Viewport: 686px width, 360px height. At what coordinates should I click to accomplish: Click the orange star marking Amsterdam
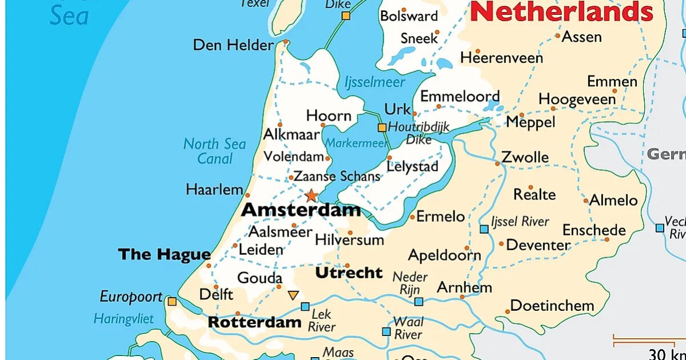tap(311, 196)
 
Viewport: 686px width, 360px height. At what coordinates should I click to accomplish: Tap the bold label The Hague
tap(164, 255)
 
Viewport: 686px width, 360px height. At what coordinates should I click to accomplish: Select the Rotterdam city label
tap(254, 322)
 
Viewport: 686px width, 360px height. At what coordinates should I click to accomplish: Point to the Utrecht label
tap(349, 273)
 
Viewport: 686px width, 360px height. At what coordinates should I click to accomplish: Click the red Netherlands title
tap(562, 11)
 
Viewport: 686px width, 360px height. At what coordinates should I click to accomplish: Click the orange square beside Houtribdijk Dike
tap(382, 127)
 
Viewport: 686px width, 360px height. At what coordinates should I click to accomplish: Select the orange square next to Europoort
tap(171, 301)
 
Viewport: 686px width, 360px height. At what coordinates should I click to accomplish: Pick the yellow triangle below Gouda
tap(293, 295)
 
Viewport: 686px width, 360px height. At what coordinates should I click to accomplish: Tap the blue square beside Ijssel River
tap(484, 229)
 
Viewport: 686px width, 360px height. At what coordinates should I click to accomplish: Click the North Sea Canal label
tap(214, 151)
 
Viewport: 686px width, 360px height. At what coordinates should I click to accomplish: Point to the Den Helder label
tap(233, 45)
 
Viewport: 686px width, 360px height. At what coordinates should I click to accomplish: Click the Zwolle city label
tap(525, 157)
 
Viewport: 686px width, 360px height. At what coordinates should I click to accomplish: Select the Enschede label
tap(594, 230)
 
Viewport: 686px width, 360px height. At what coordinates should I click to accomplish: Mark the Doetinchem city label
tap(552, 306)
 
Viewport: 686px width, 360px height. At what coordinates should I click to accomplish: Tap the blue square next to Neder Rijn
tap(419, 302)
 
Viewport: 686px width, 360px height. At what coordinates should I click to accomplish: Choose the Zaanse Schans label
tap(337, 177)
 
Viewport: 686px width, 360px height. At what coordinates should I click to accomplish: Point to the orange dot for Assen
tap(558, 35)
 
